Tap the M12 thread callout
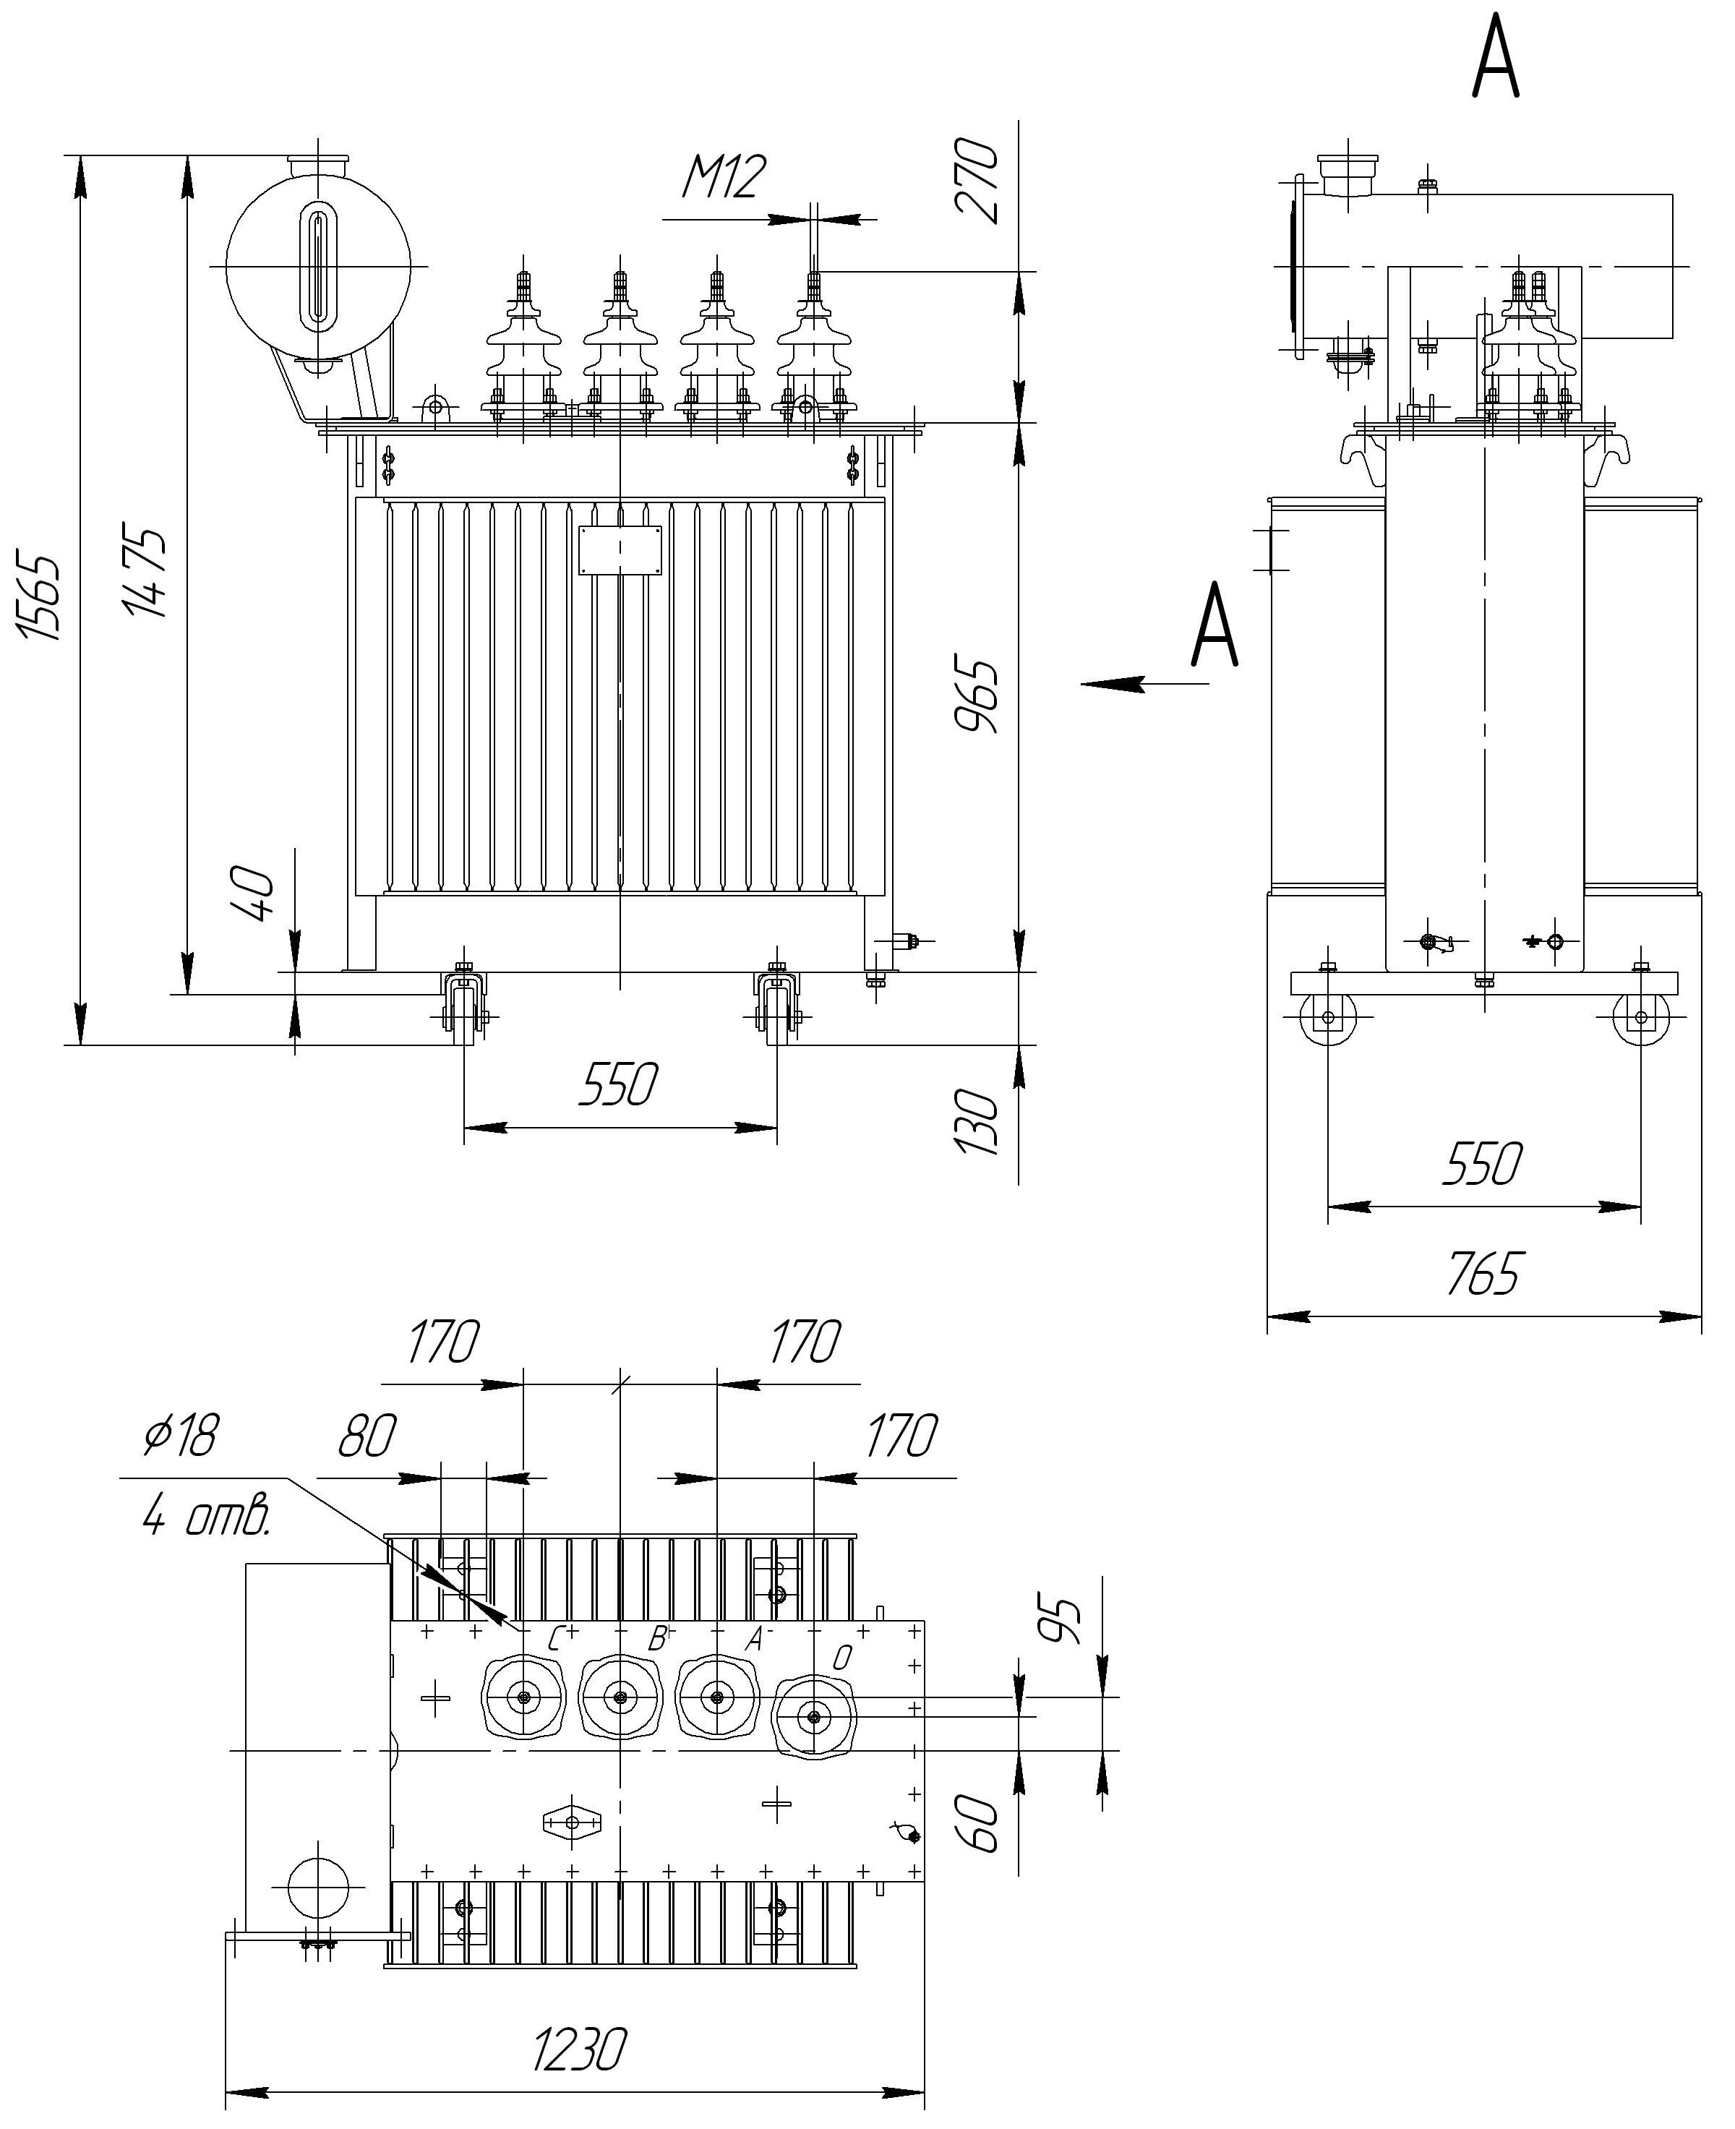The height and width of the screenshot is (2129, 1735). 724,177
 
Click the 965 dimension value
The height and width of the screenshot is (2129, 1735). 977,695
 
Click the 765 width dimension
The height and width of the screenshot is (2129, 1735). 1483,1273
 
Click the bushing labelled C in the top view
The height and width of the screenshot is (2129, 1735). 523,1696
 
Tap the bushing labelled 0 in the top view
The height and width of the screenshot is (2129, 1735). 815,1716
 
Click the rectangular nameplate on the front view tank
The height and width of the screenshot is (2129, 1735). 620,549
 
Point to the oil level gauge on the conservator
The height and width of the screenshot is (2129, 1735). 318,265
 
